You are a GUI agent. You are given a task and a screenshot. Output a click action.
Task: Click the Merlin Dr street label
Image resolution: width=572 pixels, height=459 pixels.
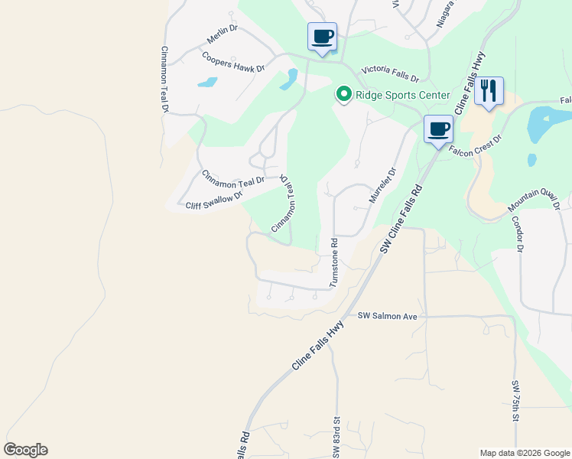pos(223,34)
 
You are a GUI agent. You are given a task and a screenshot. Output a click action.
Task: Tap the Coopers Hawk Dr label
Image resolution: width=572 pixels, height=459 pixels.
pos(232,61)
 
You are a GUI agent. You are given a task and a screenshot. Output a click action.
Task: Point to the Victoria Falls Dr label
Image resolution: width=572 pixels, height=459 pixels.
pos(391,73)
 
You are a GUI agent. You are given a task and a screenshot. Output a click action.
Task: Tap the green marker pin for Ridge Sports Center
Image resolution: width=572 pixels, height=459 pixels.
pos(343,95)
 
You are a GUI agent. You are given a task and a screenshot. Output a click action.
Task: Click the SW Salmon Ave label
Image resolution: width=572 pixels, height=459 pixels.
pos(388,315)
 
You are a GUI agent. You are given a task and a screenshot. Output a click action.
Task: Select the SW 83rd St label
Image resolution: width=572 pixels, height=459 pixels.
pos(336,438)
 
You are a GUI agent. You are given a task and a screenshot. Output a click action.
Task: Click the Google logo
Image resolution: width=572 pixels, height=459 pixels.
pos(25,450)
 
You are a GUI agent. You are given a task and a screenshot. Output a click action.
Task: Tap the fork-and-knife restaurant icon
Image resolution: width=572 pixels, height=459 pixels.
pos(488,91)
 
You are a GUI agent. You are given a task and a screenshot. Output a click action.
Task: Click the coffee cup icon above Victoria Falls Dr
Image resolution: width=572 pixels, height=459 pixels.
pos(322,36)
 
